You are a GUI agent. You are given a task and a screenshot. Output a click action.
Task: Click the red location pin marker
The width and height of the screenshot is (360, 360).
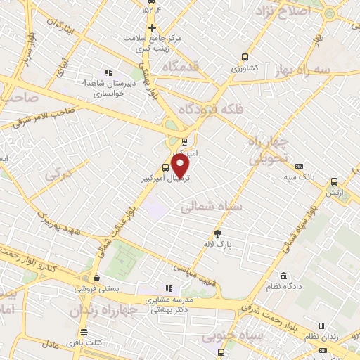coord(180,165)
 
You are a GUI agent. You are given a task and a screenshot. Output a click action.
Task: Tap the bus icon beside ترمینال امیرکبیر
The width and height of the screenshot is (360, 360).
coord(165,167)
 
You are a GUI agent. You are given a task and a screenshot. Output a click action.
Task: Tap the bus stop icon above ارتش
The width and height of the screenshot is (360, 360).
coord(334,179)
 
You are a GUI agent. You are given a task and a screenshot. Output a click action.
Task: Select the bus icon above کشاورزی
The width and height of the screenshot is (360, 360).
coord(245,58)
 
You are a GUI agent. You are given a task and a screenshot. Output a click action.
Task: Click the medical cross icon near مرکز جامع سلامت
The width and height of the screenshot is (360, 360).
coord(151,27)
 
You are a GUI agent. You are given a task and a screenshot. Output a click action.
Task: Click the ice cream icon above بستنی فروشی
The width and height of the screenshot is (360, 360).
coord(95,277)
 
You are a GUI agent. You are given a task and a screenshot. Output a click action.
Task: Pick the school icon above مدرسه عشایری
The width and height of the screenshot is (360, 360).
coord(168,289)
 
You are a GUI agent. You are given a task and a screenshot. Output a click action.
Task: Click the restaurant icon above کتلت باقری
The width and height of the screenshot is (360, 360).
coord(84,332)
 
